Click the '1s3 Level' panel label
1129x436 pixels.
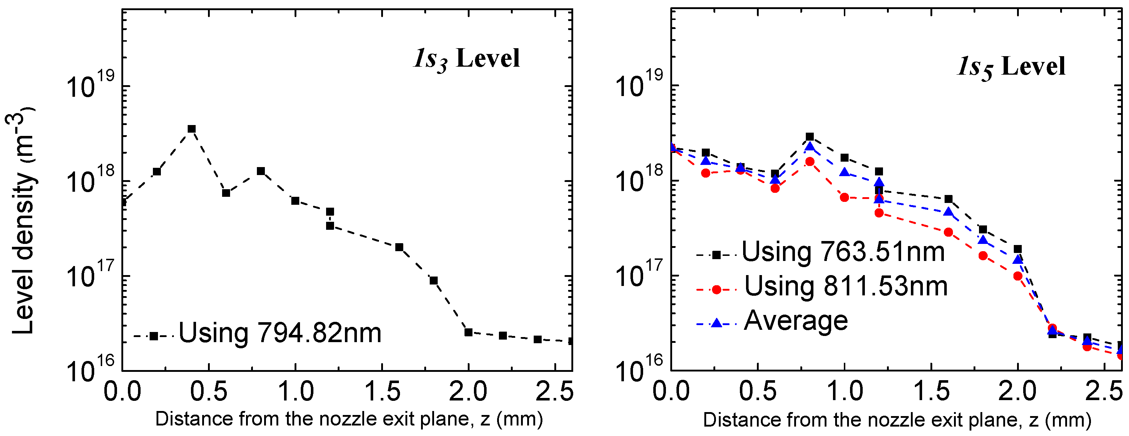466,59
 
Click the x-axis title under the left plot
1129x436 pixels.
349,419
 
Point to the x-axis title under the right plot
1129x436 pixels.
897,420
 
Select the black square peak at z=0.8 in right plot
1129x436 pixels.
809,137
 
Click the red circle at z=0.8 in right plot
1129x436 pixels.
809,162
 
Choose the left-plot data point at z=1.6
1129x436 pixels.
399,248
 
